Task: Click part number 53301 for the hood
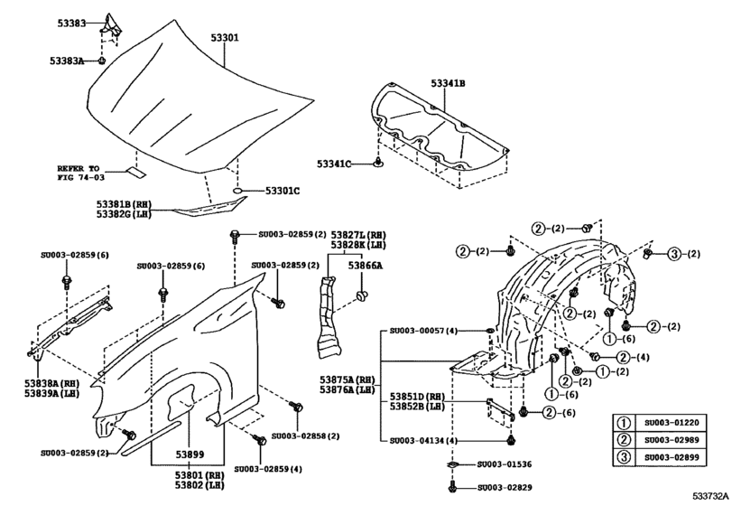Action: click(x=225, y=38)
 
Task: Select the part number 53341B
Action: click(x=448, y=84)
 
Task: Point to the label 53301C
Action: click(x=282, y=191)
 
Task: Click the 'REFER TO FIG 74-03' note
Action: click(x=80, y=173)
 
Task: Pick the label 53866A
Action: click(x=366, y=266)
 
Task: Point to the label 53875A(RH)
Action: click(x=347, y=379)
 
